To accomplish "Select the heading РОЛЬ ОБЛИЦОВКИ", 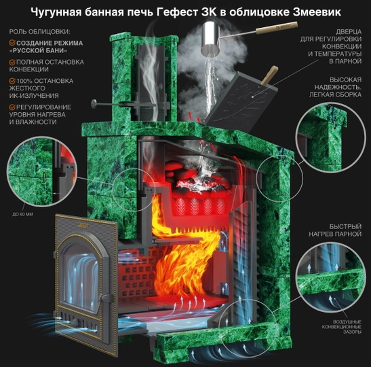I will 33,33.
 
